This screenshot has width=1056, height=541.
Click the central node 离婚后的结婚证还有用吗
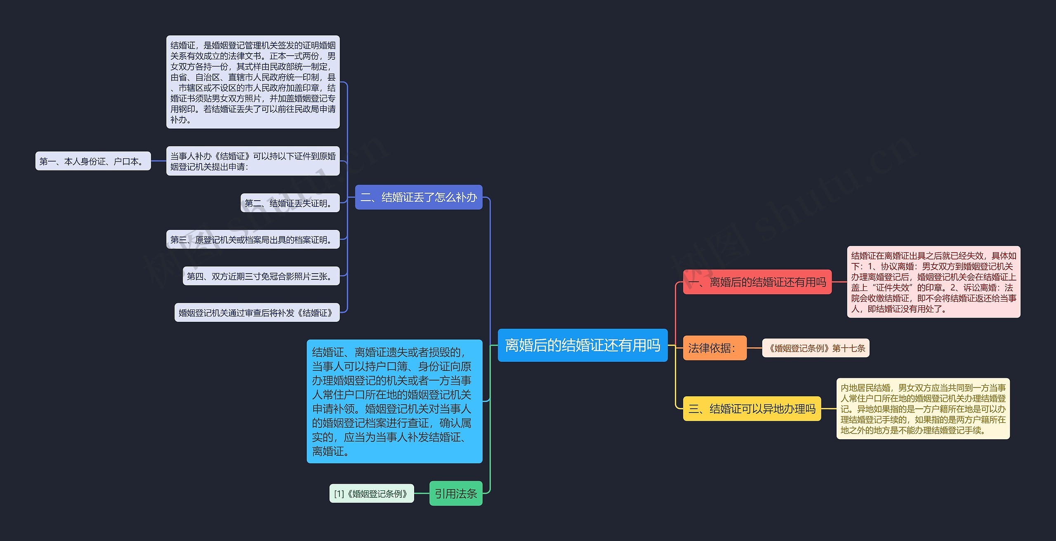coord(582,345)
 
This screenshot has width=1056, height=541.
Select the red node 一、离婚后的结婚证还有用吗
coord(757,282)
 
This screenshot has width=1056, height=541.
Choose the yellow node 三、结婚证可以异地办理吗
coord(752,409)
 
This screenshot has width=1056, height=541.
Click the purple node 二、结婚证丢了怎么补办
coord(418,197)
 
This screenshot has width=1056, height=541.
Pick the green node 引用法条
coord(455,493)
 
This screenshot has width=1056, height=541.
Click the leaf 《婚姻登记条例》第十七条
coord(816,348)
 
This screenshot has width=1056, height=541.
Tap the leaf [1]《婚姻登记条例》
coord(371,494)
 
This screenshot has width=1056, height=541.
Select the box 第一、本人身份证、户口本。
coord(93,161)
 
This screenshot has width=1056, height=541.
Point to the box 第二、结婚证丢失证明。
coord(290,203)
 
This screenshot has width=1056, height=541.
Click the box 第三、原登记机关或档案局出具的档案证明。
coord(253,240)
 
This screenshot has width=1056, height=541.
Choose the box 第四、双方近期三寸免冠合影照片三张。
coord(261,276)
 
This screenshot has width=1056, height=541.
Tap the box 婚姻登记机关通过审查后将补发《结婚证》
coord(257,313)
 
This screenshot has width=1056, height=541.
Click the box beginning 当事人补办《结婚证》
coord(253,161)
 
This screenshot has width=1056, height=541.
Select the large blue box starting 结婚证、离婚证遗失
coord(394,401)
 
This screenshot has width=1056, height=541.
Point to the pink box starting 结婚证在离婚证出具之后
coord(933,282)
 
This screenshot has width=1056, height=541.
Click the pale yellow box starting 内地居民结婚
coord(923,409)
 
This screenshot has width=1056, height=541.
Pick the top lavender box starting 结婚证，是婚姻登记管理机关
coord(253,82)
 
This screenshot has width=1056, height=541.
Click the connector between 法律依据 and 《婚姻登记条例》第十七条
coord(754,348)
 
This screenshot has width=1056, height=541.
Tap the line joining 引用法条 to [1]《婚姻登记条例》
coord(422,493)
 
